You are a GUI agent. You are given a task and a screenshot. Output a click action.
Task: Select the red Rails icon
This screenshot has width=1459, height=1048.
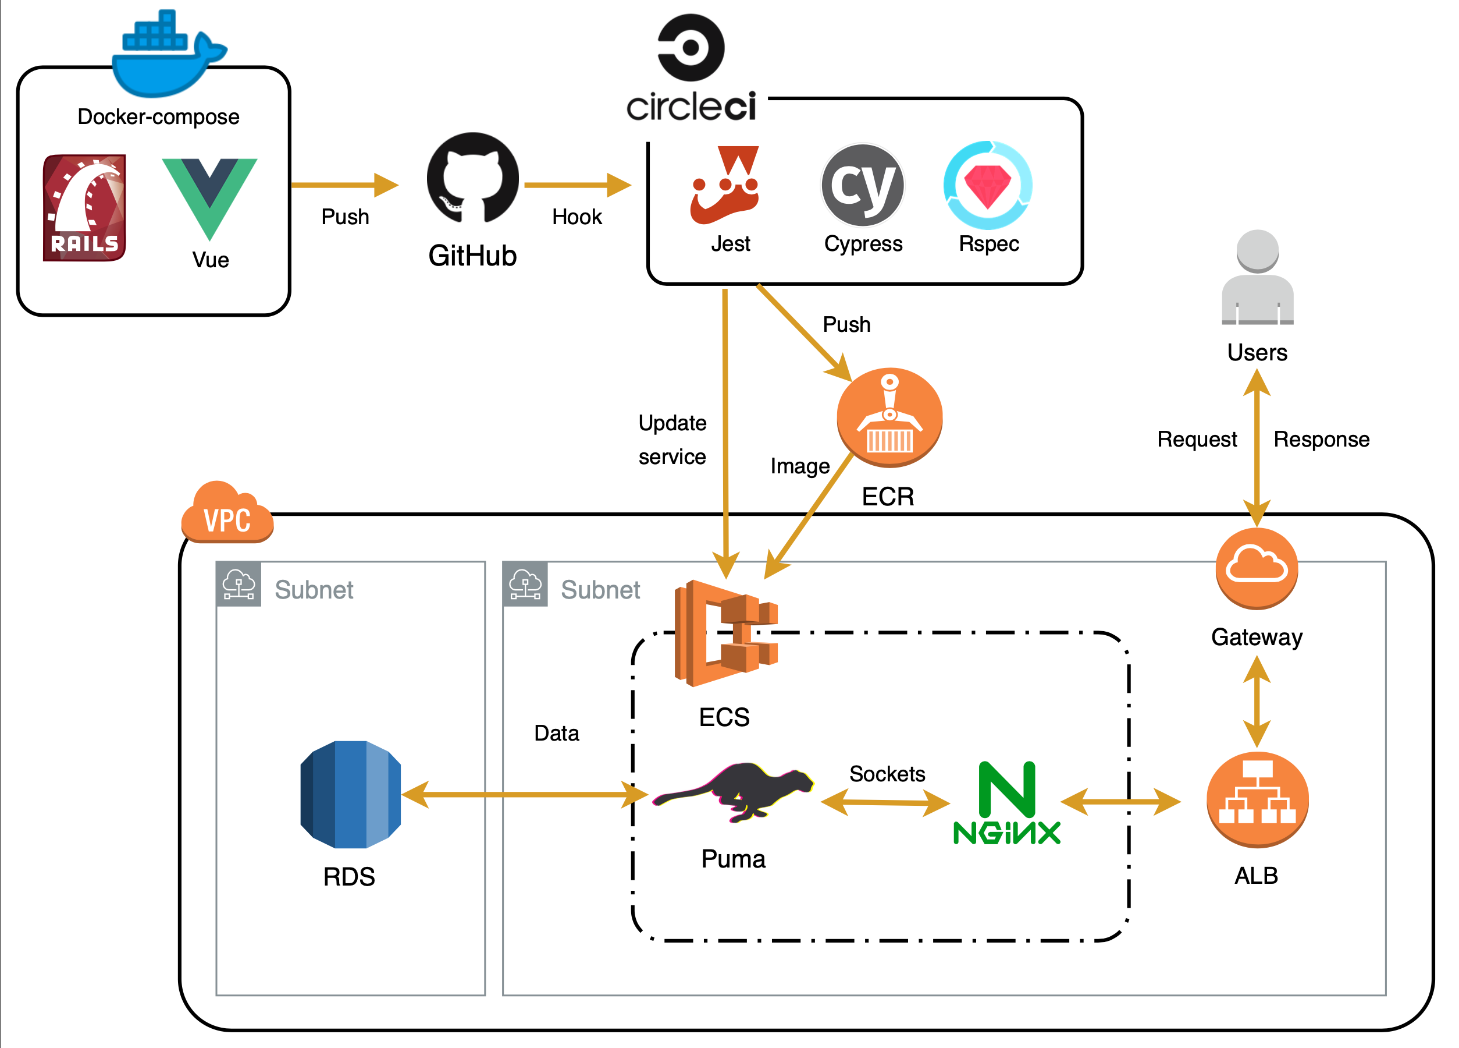tap(84, 207)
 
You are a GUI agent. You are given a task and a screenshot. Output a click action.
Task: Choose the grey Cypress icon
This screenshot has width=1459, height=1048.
tap(863, 185)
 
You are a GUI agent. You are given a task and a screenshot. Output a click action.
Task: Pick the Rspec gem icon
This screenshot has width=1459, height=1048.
tap(988, 185)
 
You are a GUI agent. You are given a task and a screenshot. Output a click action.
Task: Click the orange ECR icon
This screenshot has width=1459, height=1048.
tap(889, 417)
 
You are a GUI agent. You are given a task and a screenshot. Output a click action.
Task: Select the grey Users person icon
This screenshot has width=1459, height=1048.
tap(1258, 278)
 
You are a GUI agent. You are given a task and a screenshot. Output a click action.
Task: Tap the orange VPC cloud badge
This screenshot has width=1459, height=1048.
tap(227, 514)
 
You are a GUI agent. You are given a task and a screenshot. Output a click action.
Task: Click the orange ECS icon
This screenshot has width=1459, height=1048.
tap(725, 633)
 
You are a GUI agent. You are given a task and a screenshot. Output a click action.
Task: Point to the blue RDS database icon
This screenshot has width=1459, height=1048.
tap(351, 794)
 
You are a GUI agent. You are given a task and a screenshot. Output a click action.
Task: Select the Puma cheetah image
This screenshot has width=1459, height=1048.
tap(734, 792)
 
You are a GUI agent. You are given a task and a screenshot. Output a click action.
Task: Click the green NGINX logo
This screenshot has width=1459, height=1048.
tap(1007, 803)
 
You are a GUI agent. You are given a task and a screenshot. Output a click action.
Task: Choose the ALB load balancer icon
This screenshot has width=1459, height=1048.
tap(1258, 799)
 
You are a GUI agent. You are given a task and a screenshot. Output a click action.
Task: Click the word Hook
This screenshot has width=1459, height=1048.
tap(577, 217)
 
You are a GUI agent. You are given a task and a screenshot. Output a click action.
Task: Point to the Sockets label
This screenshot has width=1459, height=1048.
tap(887, 774)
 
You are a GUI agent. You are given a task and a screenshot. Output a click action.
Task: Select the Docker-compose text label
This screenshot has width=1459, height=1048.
tap(158, 116)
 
